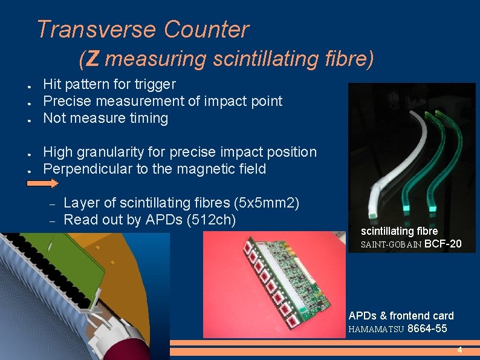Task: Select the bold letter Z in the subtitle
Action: (92, 59)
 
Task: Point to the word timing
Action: (145, 118)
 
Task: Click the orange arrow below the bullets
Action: (44, 183)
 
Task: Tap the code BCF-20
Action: (443, 244)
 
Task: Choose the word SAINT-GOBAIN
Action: (391, 245)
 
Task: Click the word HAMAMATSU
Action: (377, 330)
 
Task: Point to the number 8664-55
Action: (428, 329)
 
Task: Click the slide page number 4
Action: (459, 350)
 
